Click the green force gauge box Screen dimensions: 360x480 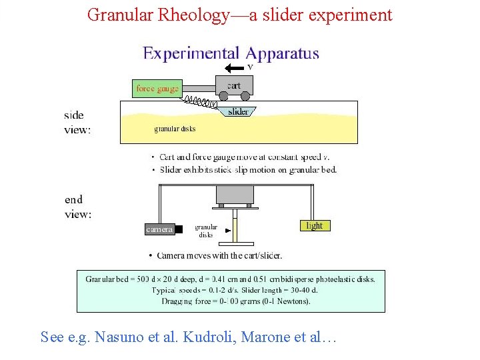(157, 88)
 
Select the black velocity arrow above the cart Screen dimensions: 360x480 (234, 67)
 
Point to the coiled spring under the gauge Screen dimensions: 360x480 (201, 102)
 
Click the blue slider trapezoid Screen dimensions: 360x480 (237, 111)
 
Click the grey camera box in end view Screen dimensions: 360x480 (160, 229)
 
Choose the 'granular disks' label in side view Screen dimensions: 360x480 (175, 129)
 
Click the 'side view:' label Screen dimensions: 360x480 (77, 123)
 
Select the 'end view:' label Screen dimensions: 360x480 (78, 207)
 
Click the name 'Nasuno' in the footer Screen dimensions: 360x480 (111, 337)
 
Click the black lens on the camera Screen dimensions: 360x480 (179, 229)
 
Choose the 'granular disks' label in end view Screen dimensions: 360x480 (206, 231)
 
